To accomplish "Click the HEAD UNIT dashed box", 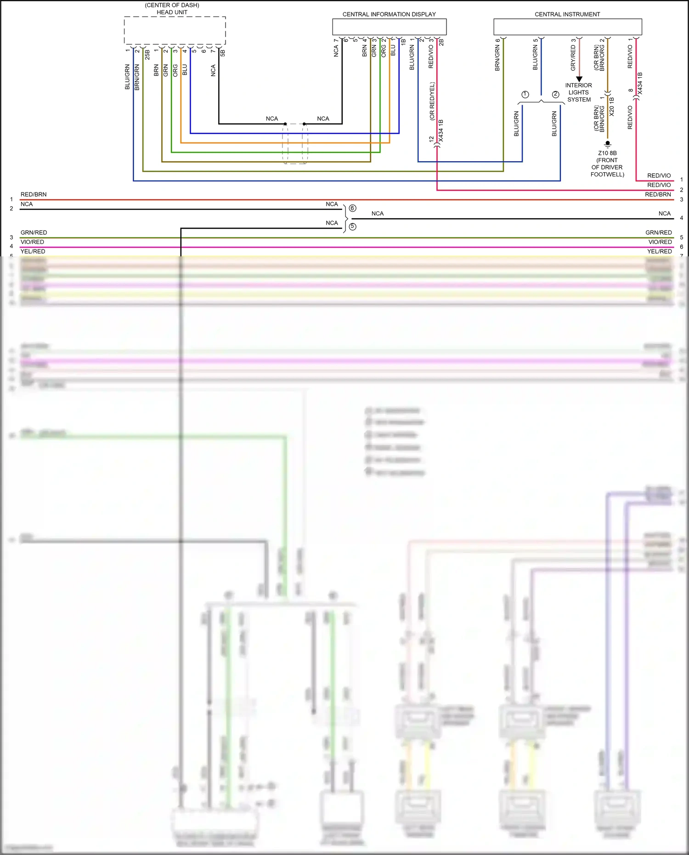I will tap(175, 31).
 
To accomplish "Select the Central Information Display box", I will tap(389, 27).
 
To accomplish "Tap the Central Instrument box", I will tap(567, 27).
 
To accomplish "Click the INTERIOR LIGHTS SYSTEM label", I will tap(579, 92).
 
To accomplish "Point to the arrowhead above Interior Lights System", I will tap(579, 79).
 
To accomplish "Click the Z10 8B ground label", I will tap(607, 153).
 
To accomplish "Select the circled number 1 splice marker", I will tap(525, 94).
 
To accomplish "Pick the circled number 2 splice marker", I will tap(556, 94).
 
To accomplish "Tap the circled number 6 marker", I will tap(352, 208).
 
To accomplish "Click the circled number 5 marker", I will tap(352, 226).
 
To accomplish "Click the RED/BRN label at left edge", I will tap(34, 194).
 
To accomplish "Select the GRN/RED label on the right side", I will tap(658, 232).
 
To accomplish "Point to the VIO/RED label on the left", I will tap(32, 242).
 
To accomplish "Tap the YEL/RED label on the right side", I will tap(659, 251).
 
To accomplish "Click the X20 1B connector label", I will tap(611, 107).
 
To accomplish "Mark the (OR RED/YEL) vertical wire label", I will tap(432, 101).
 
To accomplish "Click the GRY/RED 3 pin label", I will tap(573, 55).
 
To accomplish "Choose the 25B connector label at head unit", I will tap(147, 55).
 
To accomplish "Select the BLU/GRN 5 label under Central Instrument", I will tap(535, 55).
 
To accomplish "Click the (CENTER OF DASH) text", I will tap(172, 5).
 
